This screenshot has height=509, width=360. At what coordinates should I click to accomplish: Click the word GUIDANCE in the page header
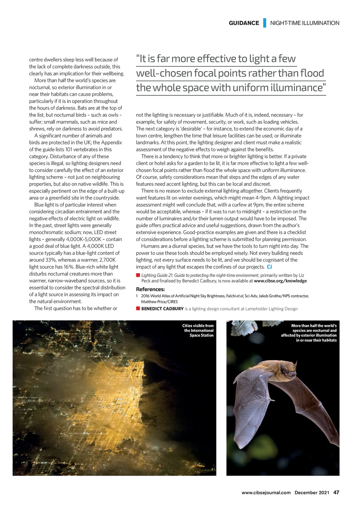[244, 23]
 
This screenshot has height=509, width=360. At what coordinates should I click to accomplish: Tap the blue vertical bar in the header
[264, 23]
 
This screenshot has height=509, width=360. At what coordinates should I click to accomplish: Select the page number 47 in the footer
[336, 492]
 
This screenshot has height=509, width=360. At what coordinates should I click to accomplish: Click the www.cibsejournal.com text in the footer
[266, 492]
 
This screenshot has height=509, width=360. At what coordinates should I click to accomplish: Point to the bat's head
[288, 371]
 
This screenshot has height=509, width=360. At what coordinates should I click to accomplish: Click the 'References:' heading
[150, 289]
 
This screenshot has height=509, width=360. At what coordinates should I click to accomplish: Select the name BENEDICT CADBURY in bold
[162, 309]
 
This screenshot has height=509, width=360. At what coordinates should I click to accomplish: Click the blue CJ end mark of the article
[269, 267]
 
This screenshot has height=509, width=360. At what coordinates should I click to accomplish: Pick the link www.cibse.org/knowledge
[280, 281]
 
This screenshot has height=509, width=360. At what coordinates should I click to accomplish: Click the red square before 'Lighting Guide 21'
[138, 275]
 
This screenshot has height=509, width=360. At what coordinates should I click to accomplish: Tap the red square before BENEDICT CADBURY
[138, 309]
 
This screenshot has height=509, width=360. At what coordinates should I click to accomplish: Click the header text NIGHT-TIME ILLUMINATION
[305, 23]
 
